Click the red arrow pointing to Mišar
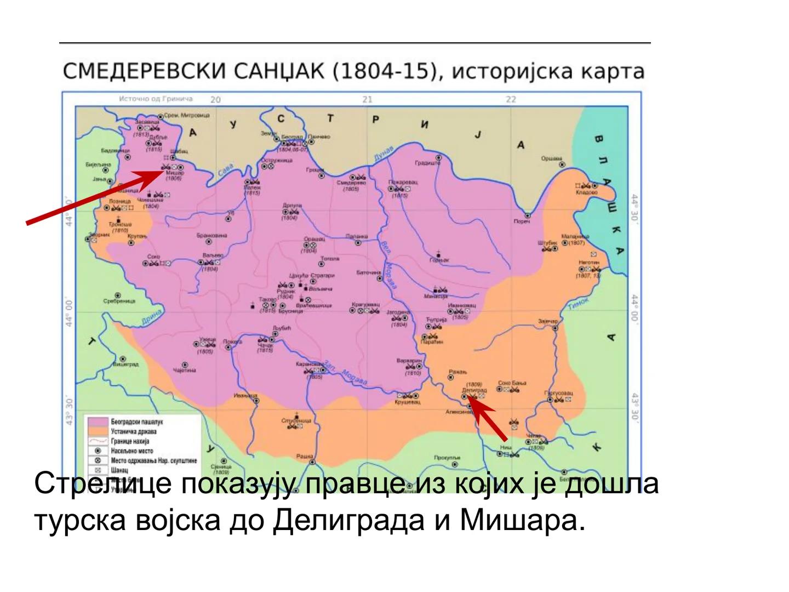pyautogui.click(x=93, y=197)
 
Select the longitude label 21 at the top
pyautogui.click(x=367, y=99)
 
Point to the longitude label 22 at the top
pyautogui.click(x=511, y=99)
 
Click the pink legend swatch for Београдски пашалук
pyautogui.click(x=96, y=422)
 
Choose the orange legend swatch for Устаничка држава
pyautogui.click(x=96, y=431)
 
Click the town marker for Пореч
pyautogui.click(x=527, y=215)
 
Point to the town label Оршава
pyautogui.click(x=552, y=158)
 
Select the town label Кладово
pyautogui.click(x=586, y=193)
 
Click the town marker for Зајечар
pyautogui.click(x=554, y=328)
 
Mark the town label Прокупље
pyautogui.click(x=447, y=457)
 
